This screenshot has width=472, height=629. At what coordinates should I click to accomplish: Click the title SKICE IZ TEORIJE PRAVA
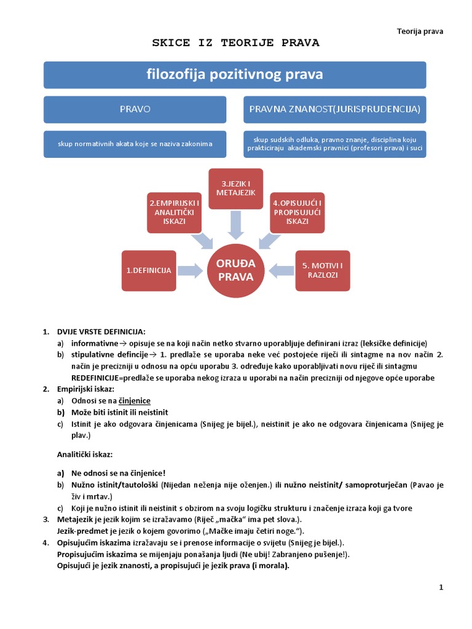pyautogui.click(x=236, y=43)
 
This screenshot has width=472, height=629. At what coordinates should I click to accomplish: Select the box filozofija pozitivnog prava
pyautogui.click(x=235, y=75)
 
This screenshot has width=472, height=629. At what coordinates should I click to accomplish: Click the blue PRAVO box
pyautogui.click(x=135, y=109)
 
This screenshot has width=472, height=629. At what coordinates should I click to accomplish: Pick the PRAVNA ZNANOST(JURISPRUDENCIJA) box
pyautogui.click(x=334, y=109)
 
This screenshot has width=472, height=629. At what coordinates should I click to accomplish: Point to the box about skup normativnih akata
pyautogui.click(x=135, y=144)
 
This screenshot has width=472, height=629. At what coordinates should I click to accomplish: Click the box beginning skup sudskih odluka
pyautogui.click(x=334, y=144)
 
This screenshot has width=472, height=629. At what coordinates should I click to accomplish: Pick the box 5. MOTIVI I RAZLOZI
pyautogui.click(x=322, y=270)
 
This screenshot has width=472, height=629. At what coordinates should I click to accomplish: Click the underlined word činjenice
pyautogui.click(x=135, y=400)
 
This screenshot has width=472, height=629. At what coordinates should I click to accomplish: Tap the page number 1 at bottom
pyautogui.click(x=441, y=588)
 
